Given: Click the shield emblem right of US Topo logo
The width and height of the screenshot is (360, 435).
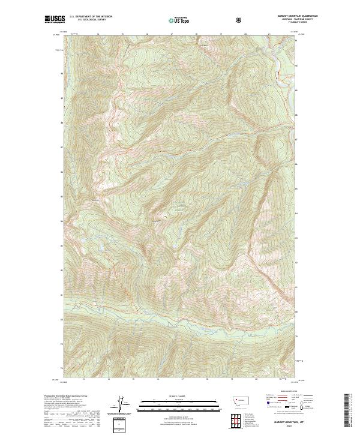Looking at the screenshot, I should coord(240,20).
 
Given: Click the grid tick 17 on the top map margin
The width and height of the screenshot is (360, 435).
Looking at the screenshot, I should coord(172,34).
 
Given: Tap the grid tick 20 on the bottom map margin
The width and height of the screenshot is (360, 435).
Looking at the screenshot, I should coord(256,379).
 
